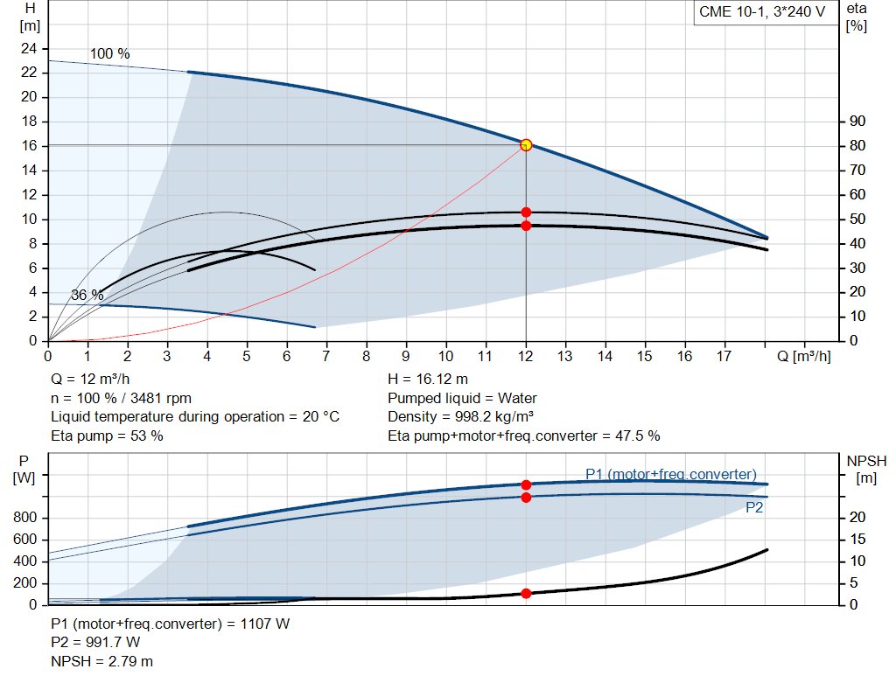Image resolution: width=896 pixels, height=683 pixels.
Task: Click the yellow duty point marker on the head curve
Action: [x=526, y=145]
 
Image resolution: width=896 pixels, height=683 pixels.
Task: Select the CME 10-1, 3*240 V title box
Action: [x=761, y=12]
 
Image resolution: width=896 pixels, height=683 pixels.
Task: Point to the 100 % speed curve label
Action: [x=110, y=54]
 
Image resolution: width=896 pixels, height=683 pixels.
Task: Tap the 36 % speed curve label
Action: [x=87, y=296]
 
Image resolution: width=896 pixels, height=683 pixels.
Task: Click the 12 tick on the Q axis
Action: [x=526, y=356]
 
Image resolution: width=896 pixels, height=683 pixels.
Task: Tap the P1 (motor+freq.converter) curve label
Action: [x=670, y=474]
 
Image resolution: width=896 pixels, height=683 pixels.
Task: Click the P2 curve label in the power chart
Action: [x=754, y=507]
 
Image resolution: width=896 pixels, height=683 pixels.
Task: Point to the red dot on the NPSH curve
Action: [x=526, y=594]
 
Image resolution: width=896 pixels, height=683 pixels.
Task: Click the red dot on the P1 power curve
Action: [x=526, y=484]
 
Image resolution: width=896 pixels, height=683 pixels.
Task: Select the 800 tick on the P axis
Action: [x=26, y=518]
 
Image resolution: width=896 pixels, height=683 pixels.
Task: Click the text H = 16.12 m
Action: [x=427, y=380]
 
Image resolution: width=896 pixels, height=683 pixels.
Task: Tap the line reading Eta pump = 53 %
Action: [x=107, y=435]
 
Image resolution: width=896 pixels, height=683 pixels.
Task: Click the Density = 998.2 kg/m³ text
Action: [x=460, y=416]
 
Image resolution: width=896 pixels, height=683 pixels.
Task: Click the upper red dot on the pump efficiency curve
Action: [x=526, y=213]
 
